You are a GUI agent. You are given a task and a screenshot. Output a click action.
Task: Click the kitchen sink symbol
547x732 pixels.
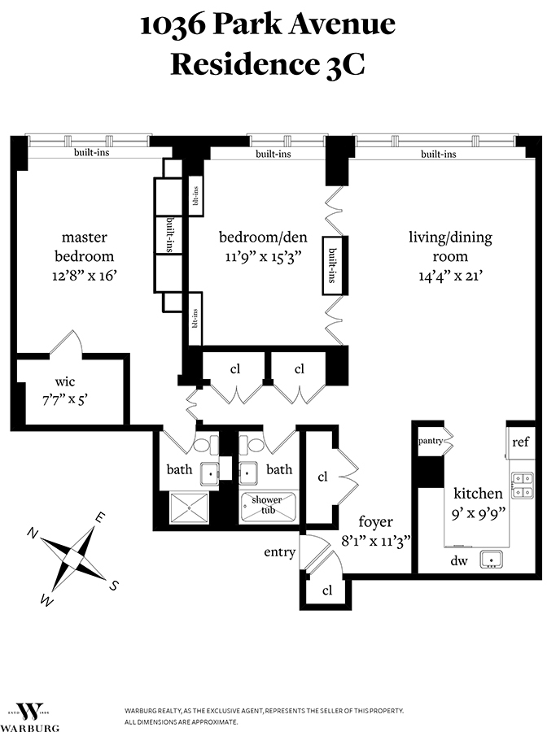490,559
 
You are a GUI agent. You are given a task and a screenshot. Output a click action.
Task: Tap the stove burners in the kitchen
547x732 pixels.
522,486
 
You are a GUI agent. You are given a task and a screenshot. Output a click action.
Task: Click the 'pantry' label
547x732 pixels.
430,441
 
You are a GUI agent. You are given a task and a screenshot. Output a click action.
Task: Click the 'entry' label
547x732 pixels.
279,552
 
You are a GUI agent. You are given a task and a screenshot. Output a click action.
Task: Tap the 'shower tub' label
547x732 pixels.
267,504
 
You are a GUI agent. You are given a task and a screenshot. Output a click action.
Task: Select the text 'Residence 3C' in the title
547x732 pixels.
267,66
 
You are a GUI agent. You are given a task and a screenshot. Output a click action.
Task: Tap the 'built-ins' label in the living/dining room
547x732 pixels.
438,154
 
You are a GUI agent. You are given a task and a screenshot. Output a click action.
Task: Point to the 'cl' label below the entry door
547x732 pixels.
327,590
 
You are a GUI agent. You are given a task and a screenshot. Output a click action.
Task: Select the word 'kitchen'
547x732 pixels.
478,493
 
